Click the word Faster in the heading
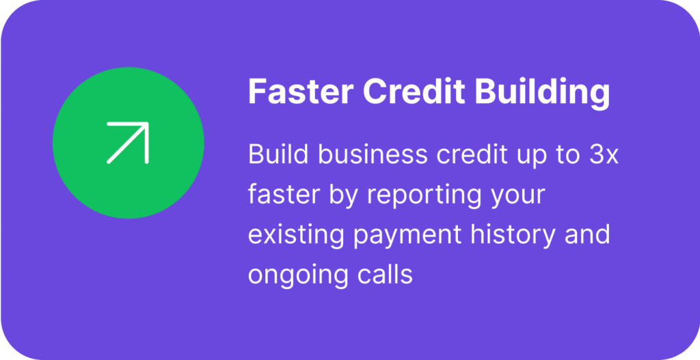point(301,91)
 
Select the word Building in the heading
point(542,93)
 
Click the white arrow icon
point(128,143)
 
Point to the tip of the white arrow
point(148,124)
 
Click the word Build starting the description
point(278,154)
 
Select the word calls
point(384,275)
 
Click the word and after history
point(587,234)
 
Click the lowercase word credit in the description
point(472,154)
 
